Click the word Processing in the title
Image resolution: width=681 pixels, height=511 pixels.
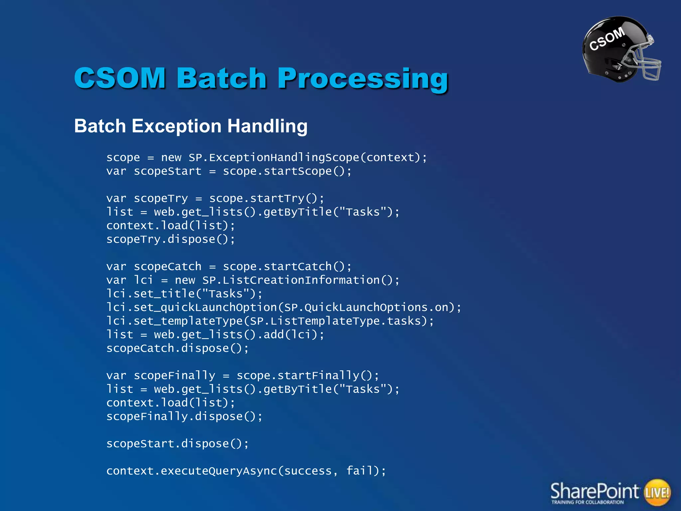point(363,79)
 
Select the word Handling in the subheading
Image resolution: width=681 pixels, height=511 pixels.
point(267,126)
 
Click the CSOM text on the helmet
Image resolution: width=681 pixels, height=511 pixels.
point(607,39)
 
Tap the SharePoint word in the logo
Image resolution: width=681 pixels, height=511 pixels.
point(594,491)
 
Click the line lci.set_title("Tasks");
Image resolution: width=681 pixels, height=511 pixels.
point(184,294)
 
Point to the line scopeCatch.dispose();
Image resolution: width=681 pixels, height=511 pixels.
point(177,348)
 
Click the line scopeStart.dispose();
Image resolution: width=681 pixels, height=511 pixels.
point(177,444)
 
